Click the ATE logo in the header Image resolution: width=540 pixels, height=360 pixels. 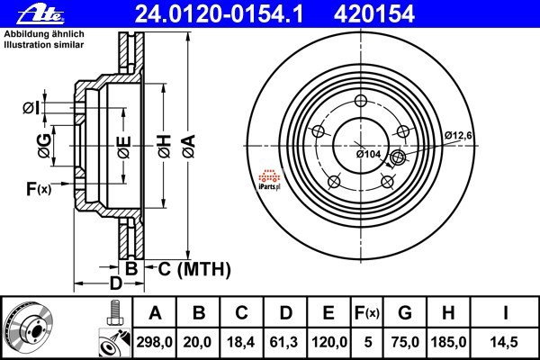tap(25, 13)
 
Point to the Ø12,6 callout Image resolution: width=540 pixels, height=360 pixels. tap(458, 135)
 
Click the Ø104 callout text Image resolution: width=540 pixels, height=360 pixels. tap(368, 154)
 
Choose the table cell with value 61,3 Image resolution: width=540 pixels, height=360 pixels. tap(286, 342)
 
